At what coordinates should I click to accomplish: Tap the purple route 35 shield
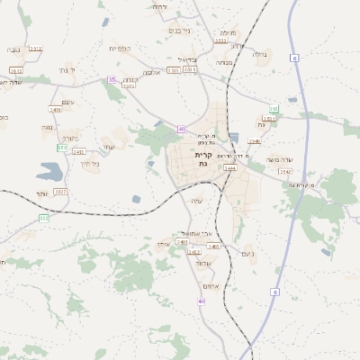coord(112,80)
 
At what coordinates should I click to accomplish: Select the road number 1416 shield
coord(56,110)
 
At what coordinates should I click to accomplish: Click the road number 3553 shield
coord(220,40)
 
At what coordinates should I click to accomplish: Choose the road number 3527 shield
coord(61,191)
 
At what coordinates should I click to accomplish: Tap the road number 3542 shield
coord(284,171)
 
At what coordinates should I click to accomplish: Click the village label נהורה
coord(70,139)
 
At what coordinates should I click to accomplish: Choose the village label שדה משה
coord(283,159)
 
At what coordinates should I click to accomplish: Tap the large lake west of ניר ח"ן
coord(49,171)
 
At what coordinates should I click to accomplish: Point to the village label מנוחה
coord(224,62)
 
